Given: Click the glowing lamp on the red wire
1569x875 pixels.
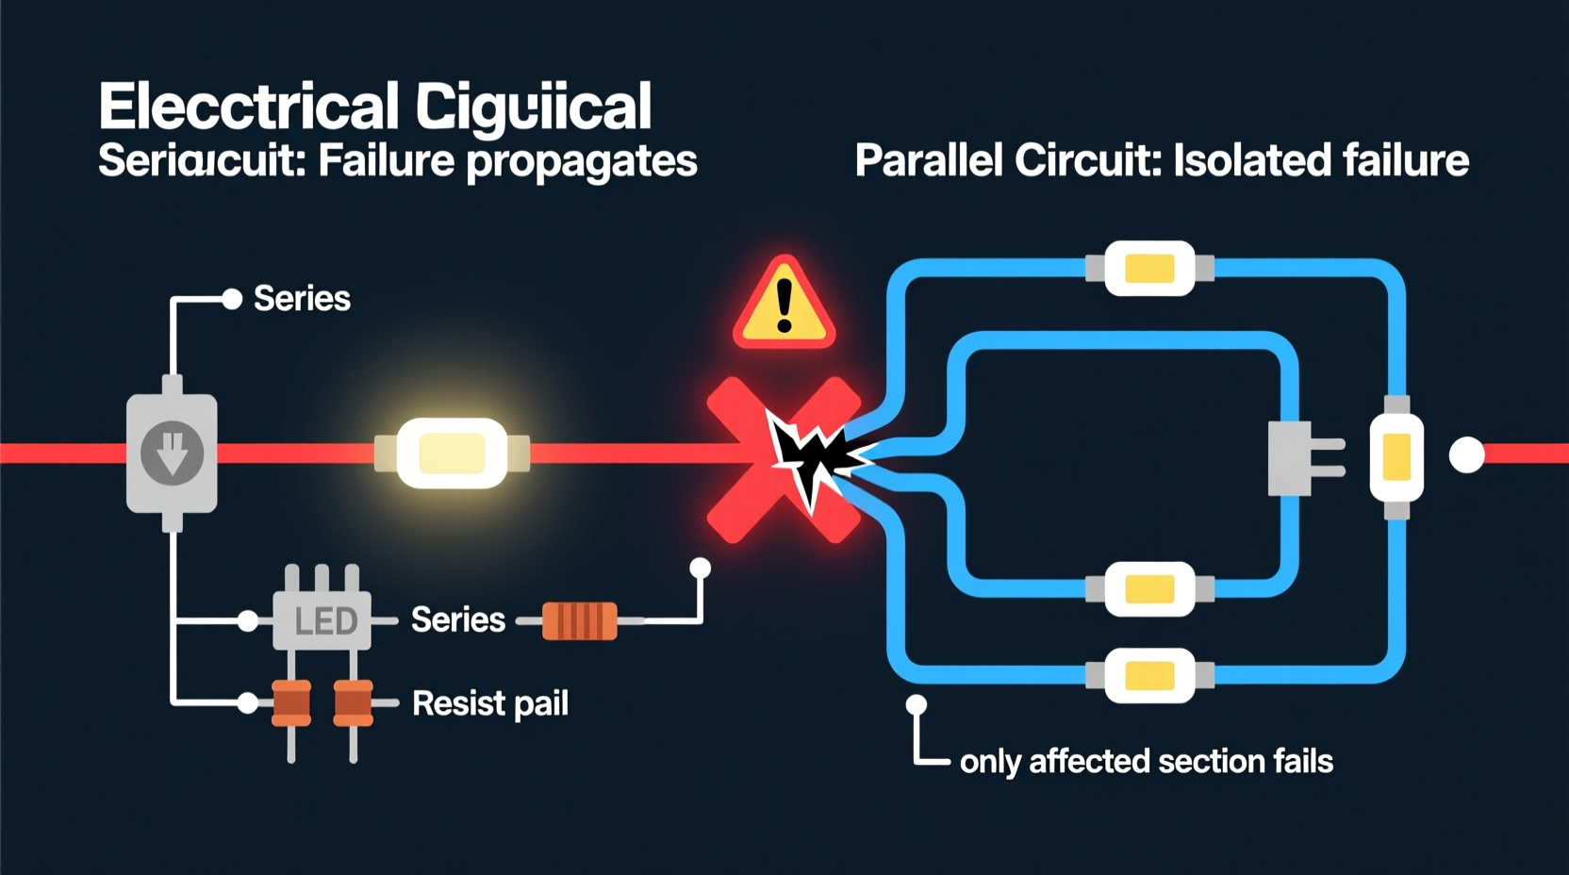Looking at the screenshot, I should click(x=452, y=454).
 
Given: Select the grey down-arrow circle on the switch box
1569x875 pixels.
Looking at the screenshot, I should click(x=172, y=454).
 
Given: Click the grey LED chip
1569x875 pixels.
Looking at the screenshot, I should click(x=322, y=620).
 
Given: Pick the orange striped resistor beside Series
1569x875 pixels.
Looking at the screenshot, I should click(x=579, y=621).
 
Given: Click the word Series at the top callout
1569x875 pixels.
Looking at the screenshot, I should click(x=302, y=299).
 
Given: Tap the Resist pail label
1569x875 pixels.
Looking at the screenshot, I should click(x=489, y=703).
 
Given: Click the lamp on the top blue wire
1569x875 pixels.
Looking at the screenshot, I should click(x=1149, y=269).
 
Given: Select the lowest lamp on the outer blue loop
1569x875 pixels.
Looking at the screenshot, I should click(x=1149, y=675).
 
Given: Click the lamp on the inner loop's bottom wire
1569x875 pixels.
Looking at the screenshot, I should click(x=1149, y=589).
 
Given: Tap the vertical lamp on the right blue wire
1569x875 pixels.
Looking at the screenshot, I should click(x=1396, y=456).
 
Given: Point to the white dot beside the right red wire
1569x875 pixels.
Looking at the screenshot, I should click(x=1466, y=455).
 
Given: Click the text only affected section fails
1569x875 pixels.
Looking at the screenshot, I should click(x=1146, y=761).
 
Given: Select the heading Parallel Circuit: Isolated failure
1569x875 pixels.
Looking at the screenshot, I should click(x=1161, y=160).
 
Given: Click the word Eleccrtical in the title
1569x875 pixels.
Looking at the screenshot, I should click(x=249, y=106).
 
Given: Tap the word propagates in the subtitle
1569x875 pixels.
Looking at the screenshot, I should click(x=581, y=161).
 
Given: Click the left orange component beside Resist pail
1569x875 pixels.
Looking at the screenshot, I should click(x=291, y=703).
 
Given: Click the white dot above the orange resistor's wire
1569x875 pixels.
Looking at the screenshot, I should click(x=700, y=568).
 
